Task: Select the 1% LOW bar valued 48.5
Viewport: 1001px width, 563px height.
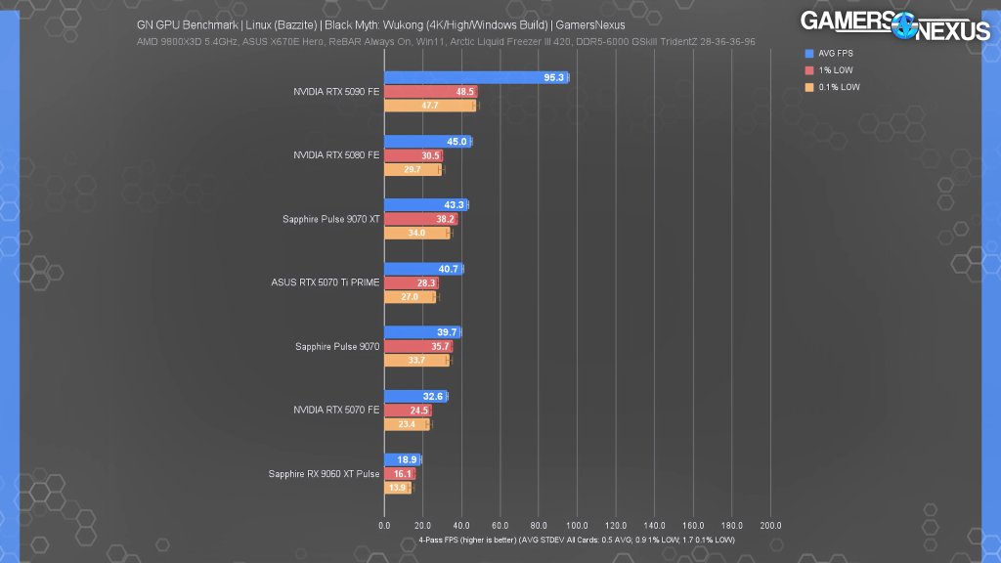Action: click(x=430, y=92)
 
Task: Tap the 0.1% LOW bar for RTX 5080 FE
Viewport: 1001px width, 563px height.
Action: click(x=413, y=169)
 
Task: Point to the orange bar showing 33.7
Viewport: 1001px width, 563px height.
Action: click(x=416, y=360)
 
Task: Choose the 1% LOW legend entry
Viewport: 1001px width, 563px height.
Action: click(x=830, y=70)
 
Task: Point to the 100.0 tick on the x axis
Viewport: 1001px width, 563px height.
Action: click(x=577, y=526)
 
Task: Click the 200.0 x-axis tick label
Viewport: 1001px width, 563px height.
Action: click(x=769, y=526)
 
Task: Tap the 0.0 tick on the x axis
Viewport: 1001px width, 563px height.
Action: click(x=384, y=526)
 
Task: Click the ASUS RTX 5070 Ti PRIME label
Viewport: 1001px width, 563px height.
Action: click(x=326, y=282)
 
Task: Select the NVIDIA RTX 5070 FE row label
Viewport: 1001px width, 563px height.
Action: click(x=336, y=410)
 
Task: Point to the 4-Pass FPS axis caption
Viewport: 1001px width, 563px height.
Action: click(x=576, y=540)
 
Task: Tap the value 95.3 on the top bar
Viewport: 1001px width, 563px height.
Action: click(x=553, y=77)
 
